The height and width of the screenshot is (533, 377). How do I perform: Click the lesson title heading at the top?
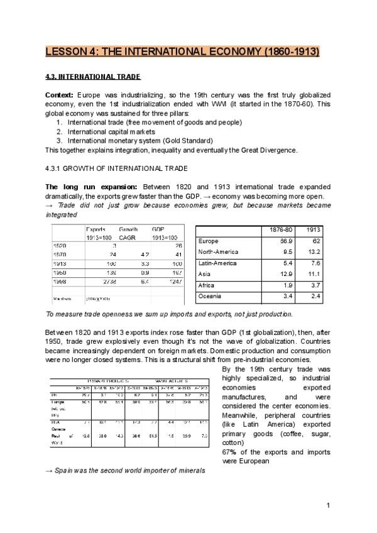click(x=182, y=51)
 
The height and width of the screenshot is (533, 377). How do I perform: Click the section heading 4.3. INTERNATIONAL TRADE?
click(x=93, y=77)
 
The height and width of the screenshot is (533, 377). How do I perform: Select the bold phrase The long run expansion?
click(x=93, y=187)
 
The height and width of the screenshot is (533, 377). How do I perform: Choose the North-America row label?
click(x=219, y=252)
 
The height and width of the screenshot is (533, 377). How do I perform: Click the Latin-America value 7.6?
click(x=312, y=263)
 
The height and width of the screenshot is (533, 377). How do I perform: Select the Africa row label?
click(x=208, y=285)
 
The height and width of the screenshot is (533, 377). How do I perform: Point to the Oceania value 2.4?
click(x=312, y=296)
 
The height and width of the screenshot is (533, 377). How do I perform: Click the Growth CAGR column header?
click(x=129, y=234)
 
